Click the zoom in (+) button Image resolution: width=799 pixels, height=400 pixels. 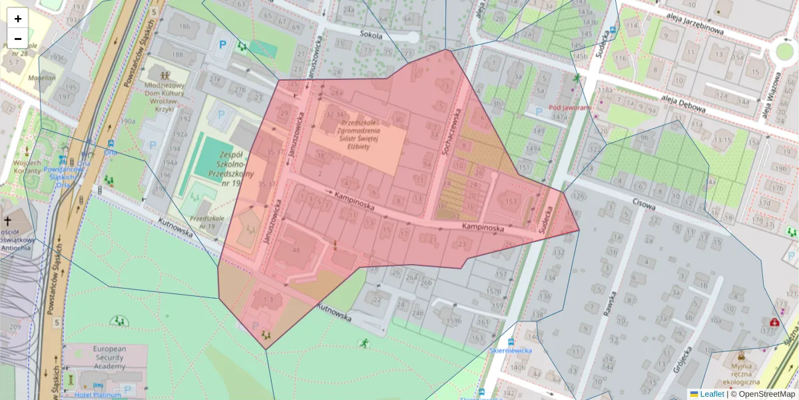click(18, 19)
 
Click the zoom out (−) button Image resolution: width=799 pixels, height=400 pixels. click(18, 38)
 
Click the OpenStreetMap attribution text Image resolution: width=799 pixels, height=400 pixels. click(766, 394)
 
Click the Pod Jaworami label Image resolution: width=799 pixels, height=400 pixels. click(570, 107)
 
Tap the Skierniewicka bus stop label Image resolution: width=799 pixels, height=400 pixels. click(510, 350)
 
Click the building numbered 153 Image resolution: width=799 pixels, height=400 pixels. click(511, 201)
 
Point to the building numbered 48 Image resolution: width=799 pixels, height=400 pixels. click(296, 250)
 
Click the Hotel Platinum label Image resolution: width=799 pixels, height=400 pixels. click(98, 395)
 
